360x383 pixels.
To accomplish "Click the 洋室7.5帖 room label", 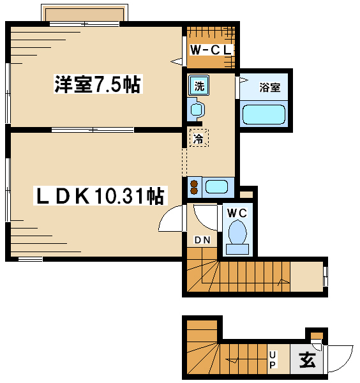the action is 98,84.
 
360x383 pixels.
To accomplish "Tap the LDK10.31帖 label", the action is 100,196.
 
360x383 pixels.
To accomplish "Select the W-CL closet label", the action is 211,50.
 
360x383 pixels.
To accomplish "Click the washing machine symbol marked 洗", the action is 199,86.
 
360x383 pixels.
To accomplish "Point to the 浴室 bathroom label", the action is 269,87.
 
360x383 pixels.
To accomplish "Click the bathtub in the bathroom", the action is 264,114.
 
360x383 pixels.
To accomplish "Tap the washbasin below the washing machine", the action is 196,109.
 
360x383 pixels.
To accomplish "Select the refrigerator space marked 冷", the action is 199,138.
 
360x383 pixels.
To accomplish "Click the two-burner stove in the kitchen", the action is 195,187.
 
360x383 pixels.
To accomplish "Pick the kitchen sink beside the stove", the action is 216,187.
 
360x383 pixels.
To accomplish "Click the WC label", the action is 237,213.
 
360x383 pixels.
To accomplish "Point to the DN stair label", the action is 202,240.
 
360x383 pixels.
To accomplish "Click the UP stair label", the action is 273,359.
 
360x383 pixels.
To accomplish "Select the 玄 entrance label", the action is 307,359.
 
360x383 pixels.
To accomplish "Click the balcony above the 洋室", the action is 84,14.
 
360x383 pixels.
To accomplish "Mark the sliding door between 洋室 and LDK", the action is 93,130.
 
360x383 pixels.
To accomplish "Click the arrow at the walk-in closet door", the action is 176,61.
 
